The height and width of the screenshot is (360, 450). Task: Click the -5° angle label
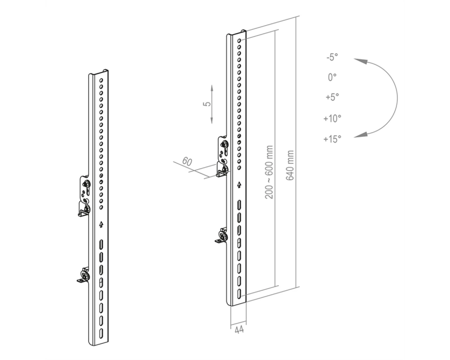(332, 57)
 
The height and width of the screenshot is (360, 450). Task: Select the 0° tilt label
(332, 77)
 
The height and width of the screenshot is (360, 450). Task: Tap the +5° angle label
(332, 97)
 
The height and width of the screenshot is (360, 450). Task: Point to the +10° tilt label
(332, 118)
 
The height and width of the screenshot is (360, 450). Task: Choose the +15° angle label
(332, 139)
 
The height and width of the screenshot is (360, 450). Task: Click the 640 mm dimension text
(290, 165)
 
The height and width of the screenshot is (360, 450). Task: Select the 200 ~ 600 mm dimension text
(269, 172)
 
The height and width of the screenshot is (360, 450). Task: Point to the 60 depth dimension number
(187, 162)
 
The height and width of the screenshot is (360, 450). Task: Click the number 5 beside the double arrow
(207, 103)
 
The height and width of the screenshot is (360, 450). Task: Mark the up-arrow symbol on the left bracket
(101, 224)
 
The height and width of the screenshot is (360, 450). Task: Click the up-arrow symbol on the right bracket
(239, 185)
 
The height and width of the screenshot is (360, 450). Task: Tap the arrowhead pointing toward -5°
(360, 61)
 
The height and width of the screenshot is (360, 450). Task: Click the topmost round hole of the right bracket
(239, 41)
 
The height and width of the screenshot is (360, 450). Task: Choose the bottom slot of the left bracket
(101, 333)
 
